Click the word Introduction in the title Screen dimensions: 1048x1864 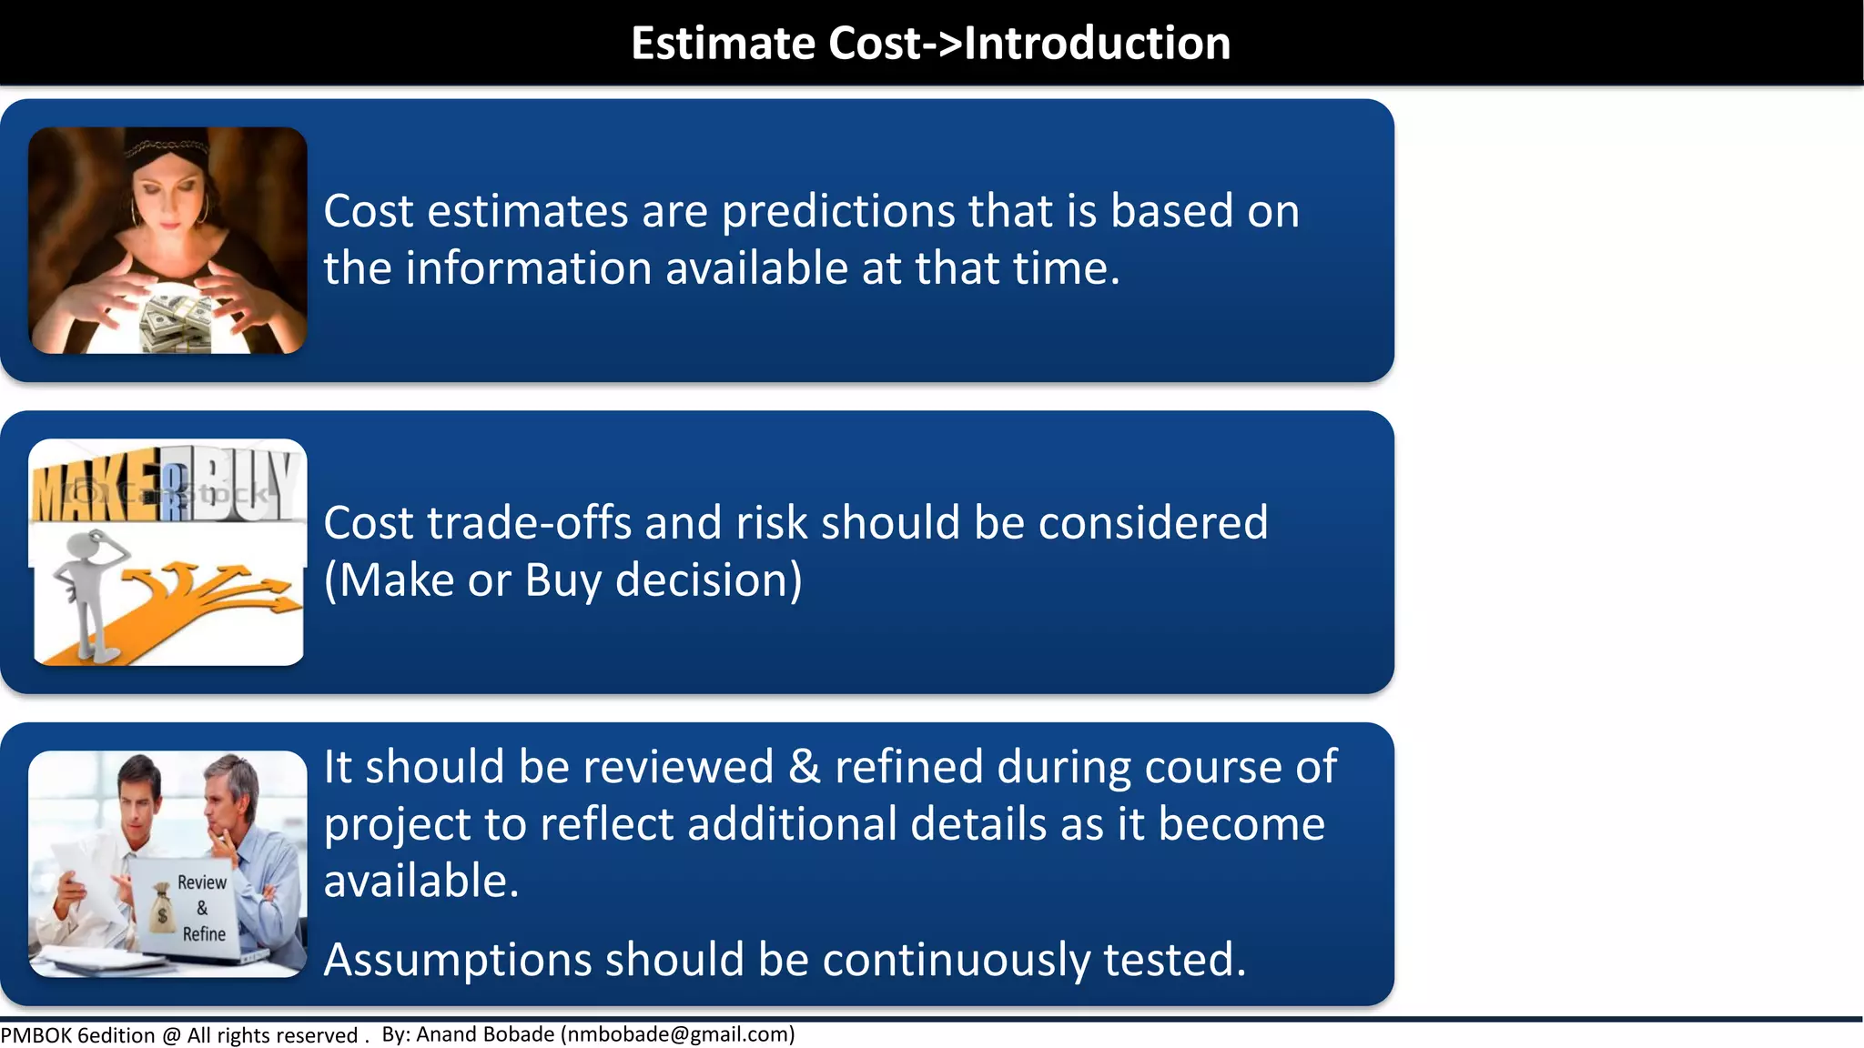click(x=1097, y=44)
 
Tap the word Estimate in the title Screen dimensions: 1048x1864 click(x=724, y=44)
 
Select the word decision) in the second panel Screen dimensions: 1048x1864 click(x=709, y=580)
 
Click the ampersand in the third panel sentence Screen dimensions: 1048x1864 click(x=804, y=767)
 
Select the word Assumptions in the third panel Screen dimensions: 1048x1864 click(x=458, y=961)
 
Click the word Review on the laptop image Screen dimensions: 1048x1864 click(x=202, y=882)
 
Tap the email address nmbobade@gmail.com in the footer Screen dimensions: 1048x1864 click(x=677, y=1034)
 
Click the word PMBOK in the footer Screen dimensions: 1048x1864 click(x=36, y=1035)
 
